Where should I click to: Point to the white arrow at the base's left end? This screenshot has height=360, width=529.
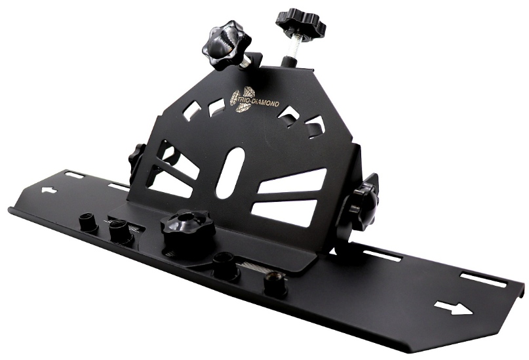pos(49,190)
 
